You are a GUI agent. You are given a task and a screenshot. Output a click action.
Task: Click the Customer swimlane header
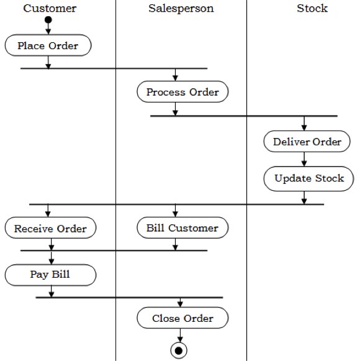(50, 8)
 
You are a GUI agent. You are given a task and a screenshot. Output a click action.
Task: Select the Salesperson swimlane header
(181, 8)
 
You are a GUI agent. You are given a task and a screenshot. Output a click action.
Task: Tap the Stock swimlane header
(312, 8)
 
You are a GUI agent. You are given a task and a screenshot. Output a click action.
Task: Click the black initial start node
(48, 21)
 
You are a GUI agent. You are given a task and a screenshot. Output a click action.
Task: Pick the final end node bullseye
(179, 350)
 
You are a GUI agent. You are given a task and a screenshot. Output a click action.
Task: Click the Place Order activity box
(48, 45)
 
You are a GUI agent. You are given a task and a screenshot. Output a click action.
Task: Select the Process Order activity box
(182, 93)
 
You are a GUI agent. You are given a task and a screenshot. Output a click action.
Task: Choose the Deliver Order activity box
(307, 142)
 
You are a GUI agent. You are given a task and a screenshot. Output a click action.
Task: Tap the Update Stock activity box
(308, 178)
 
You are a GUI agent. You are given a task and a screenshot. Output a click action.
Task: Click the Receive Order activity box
(50, 228)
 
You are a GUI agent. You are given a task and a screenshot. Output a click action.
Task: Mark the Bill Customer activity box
(182, 228)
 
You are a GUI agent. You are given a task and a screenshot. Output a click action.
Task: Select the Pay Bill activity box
(50, 274)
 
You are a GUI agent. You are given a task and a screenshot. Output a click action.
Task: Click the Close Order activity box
(182, 319)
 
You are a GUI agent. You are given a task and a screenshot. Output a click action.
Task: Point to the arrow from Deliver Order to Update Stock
(304, 159)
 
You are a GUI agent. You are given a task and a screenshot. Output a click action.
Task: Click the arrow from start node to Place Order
(48, 30)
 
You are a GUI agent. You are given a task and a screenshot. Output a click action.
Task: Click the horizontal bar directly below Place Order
(114, 68)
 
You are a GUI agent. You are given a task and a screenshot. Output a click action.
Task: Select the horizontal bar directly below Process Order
(243, 116)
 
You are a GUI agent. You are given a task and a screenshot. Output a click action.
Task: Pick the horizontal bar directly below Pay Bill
(129, 298)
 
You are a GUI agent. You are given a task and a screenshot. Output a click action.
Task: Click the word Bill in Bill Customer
(155, 228)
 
